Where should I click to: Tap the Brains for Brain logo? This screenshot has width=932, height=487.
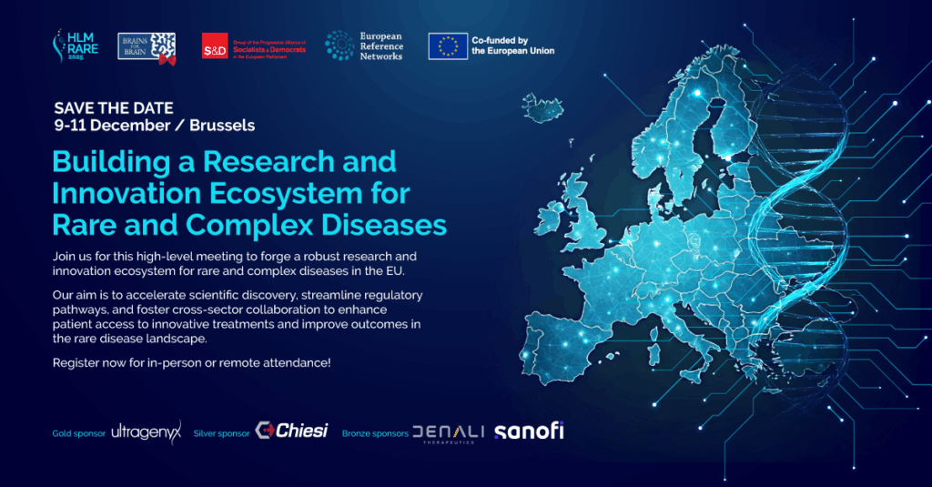147,46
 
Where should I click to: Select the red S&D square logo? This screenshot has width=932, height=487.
215,46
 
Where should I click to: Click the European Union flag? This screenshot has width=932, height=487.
448,46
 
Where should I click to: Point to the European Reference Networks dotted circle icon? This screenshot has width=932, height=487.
340,46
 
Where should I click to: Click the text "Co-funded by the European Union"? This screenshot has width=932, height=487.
512,46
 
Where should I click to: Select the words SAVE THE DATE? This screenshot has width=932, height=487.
114,108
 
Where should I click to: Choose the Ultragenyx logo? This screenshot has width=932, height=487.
147,431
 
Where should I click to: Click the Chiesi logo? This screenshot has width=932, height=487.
291,431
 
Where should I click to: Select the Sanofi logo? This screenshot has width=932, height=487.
529,431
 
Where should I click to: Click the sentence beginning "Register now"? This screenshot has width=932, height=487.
191,363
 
